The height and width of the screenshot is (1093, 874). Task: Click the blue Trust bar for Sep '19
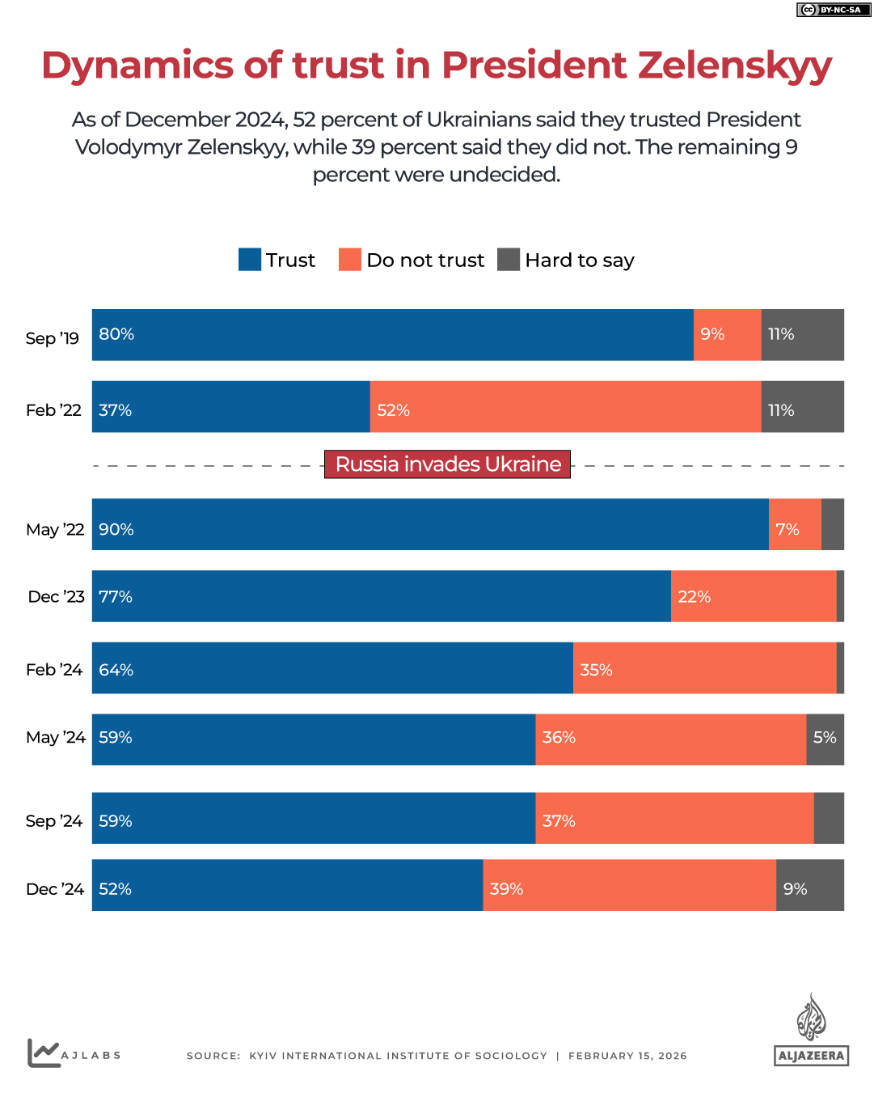tap(392, 335)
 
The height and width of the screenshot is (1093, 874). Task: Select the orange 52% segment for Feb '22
tap(565, 407)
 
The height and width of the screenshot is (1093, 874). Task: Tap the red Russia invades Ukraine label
tap(447, 464)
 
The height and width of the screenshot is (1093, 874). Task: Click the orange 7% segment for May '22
tap(795, 524)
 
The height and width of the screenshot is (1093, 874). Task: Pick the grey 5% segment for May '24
tap(825, 739)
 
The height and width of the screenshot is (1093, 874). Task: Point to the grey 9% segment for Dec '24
tap(809, 885)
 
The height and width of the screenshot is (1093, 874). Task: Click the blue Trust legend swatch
tap(250, 260)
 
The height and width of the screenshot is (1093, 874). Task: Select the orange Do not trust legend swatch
tap(350, 260)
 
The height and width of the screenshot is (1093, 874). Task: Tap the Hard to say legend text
tap(579, 261)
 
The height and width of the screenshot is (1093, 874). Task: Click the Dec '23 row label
tap(56, 597)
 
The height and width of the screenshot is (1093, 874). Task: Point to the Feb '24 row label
tap(54, 670)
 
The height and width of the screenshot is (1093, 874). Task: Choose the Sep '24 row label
tap(54, 821)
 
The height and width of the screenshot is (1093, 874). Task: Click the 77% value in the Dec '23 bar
tap(116, 597)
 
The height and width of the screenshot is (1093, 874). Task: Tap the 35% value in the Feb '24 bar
tap(596, 670)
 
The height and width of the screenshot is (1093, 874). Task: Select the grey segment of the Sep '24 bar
tap(829, 818)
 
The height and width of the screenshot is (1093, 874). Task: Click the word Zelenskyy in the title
tap(734, 66)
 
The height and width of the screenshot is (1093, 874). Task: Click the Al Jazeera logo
tap(811, 1031)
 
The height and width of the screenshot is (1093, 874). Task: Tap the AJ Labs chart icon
tap(44, 1053)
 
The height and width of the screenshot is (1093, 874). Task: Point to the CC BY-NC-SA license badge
tap(833, 10)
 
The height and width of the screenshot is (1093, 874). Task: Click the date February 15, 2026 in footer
tap(627, 1056)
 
